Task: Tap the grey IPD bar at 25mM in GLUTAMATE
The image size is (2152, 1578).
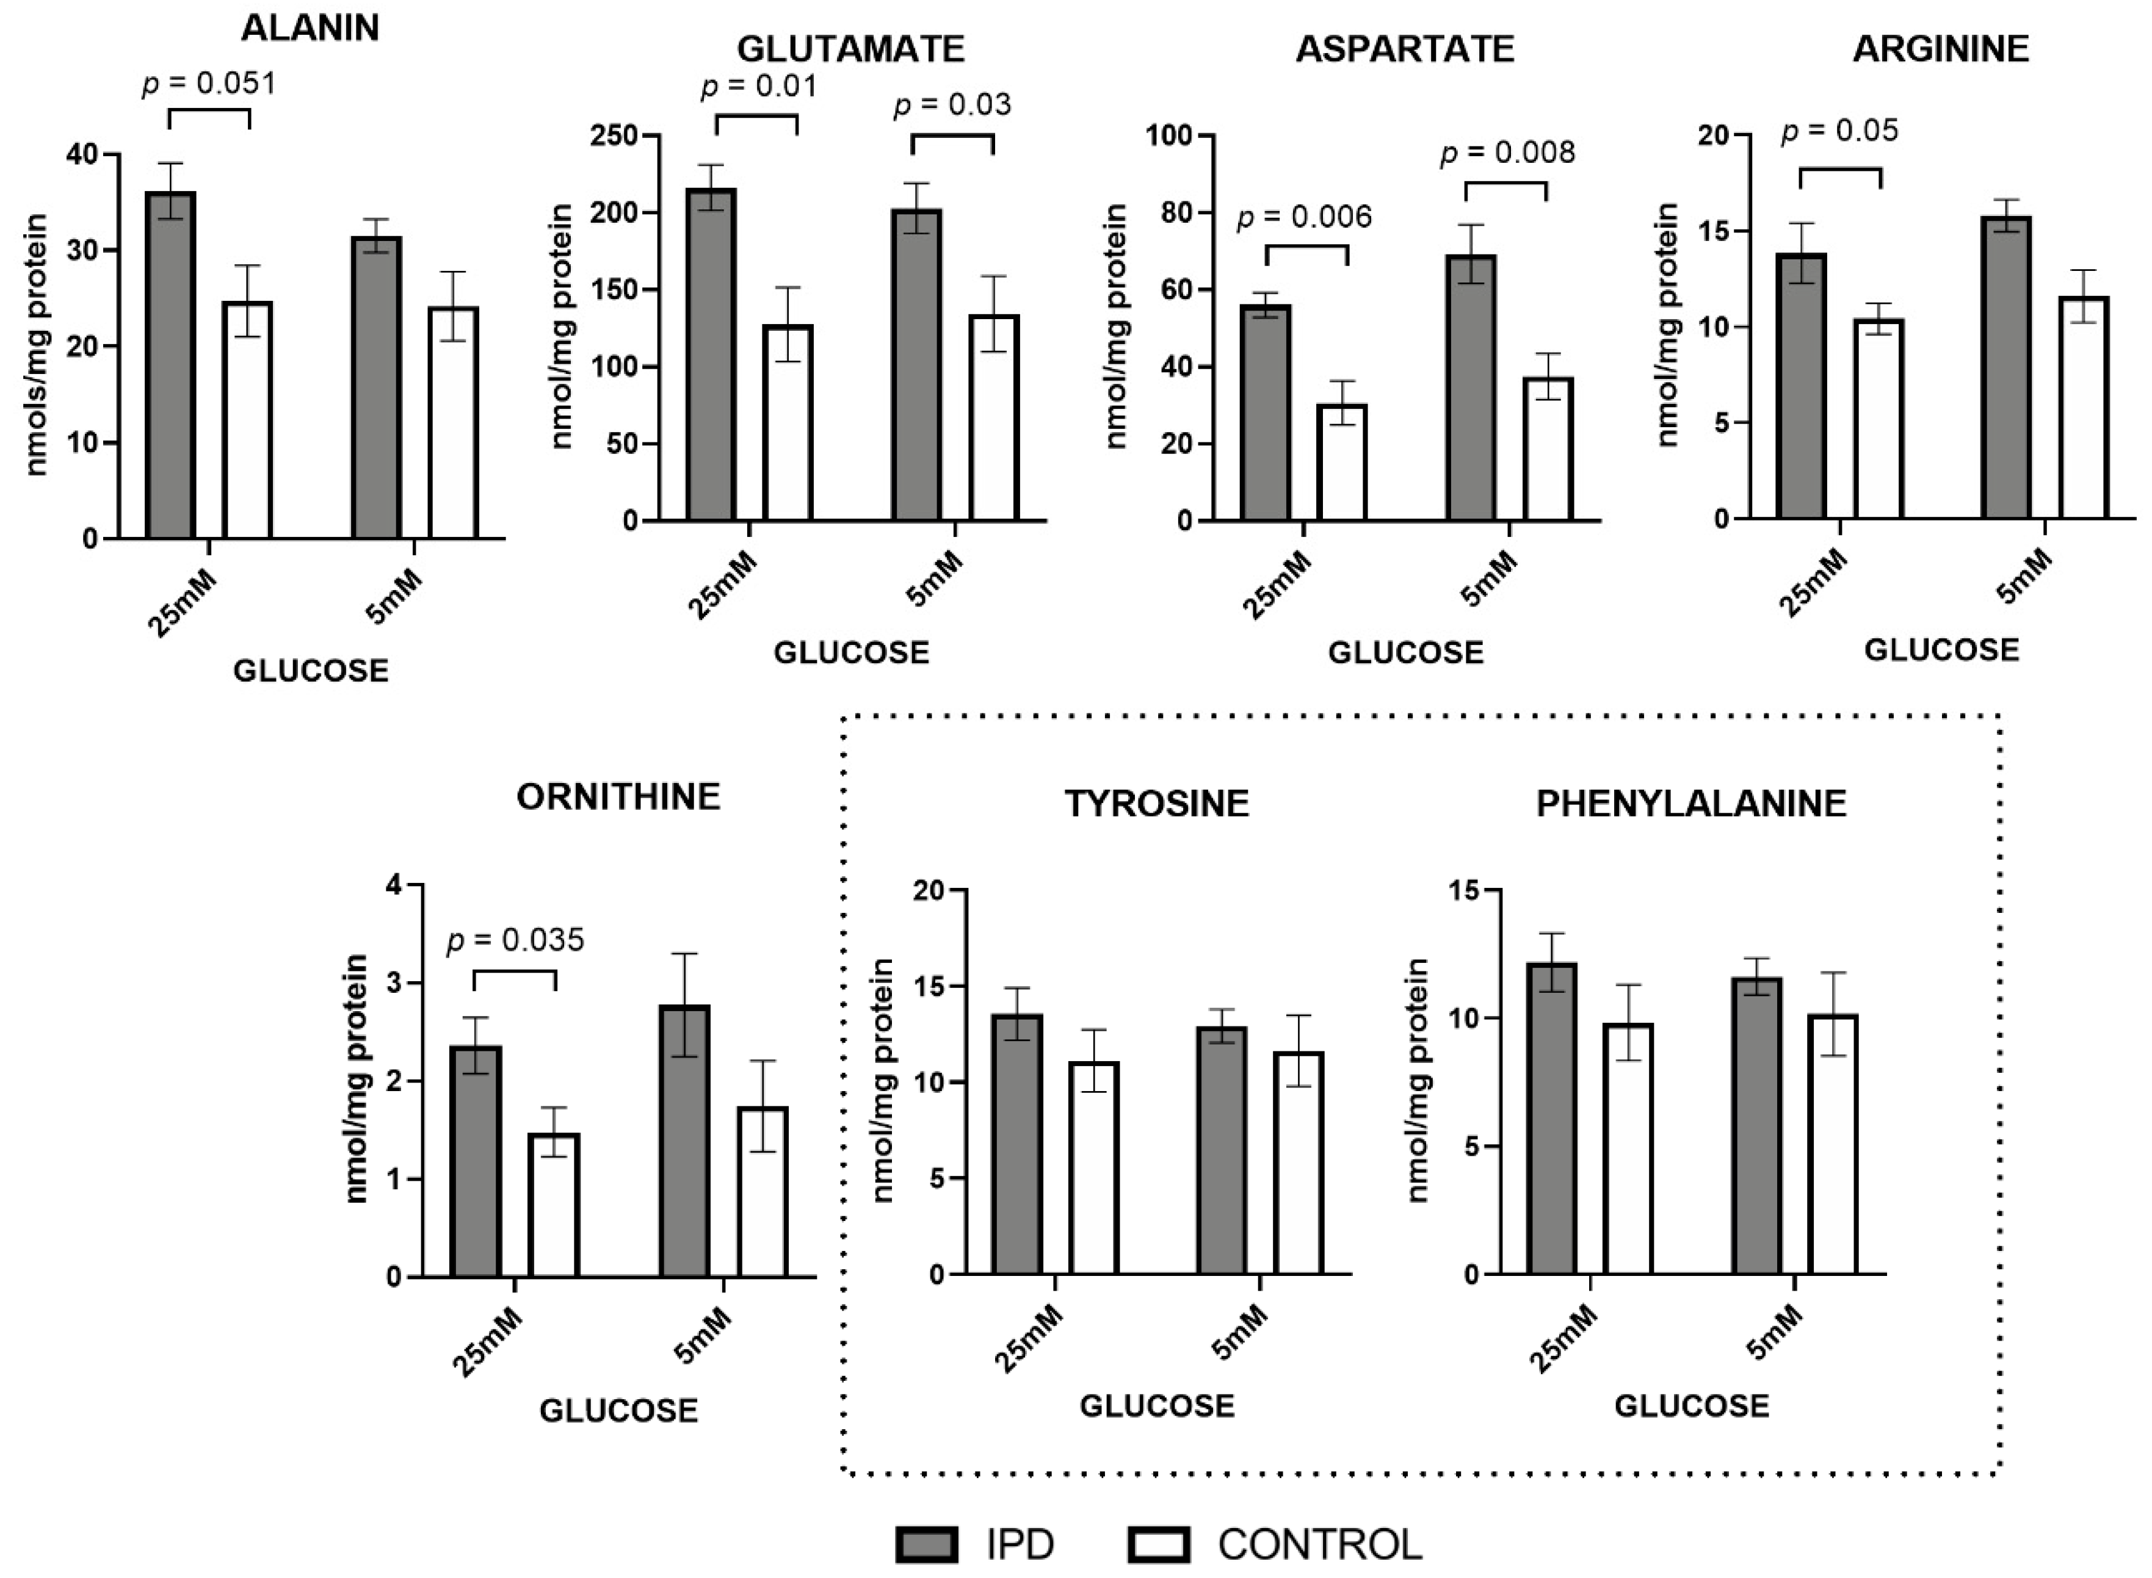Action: tap(711, 353)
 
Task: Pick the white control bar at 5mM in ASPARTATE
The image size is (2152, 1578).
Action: tap(1547, 449)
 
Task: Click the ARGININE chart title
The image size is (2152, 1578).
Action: tap(1940, 49)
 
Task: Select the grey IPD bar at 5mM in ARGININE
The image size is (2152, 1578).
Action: tap(2006, 368)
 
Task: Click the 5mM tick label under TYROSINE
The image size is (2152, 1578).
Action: tap(1239, 1333)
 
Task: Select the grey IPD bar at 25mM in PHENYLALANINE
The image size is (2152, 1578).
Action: tap(1551, 1117)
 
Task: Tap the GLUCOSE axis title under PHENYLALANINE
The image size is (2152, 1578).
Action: tap(1692, 1405)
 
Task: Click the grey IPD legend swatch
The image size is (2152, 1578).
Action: tap(926, 1544)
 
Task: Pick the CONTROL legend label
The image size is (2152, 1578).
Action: tap(1319, 1544)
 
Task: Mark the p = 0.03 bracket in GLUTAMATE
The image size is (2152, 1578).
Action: tap(952, 137)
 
